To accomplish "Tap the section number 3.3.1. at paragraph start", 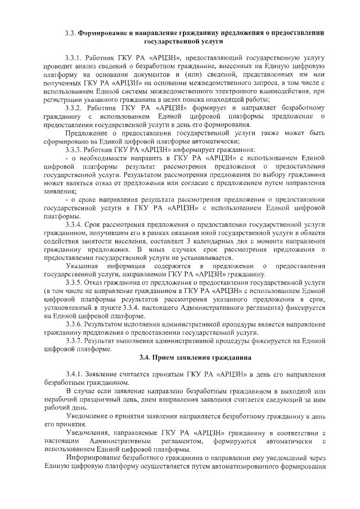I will [x=75, y=58].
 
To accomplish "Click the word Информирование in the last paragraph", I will [x=93, y=457].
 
